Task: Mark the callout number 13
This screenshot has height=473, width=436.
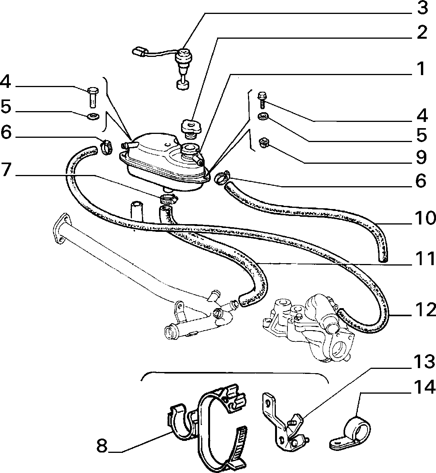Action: (424, 362)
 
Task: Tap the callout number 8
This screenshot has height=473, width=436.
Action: (102, 446)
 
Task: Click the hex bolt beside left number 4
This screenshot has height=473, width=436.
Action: (93, 97)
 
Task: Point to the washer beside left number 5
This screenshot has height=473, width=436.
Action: (94, 117)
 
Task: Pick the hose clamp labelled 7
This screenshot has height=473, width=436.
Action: (169, 199)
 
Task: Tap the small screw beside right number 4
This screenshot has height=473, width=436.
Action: (262, 99)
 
